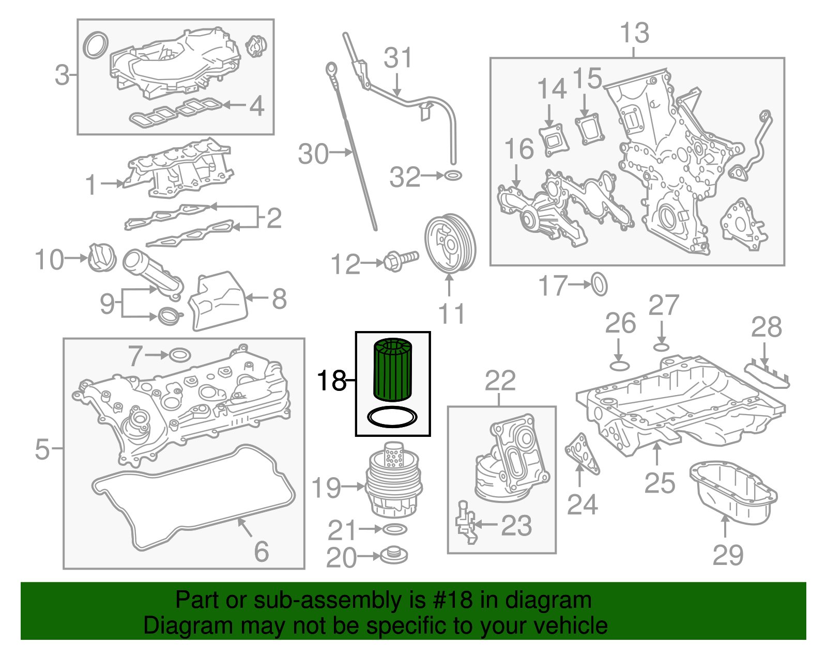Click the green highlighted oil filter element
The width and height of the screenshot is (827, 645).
pyautogui.click(x=392, y=370)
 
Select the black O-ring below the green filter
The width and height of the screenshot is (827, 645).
pyautogui.click(x=392, y=417)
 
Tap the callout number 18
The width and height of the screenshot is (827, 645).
pyautogui.click(x=331, y=381)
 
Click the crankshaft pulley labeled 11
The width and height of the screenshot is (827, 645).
pyautogui.click(x=449, y=244)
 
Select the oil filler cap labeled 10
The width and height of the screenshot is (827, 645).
pyautogui.click(x=101, y=257)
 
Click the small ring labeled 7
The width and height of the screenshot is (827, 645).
pyautogui.click(x=179, y=355)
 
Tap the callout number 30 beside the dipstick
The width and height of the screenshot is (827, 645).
pyautogui.click(x=313, y=154)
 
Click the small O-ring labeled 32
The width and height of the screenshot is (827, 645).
pyautogui.click(x=453, y=176)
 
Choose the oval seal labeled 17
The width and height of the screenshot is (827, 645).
pyautogui.click(x=599, y=284)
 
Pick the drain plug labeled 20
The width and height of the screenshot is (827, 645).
pyautogui.click(x=394, y=556)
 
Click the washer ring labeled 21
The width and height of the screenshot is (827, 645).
pyautogui.click(x=394, y=529)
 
